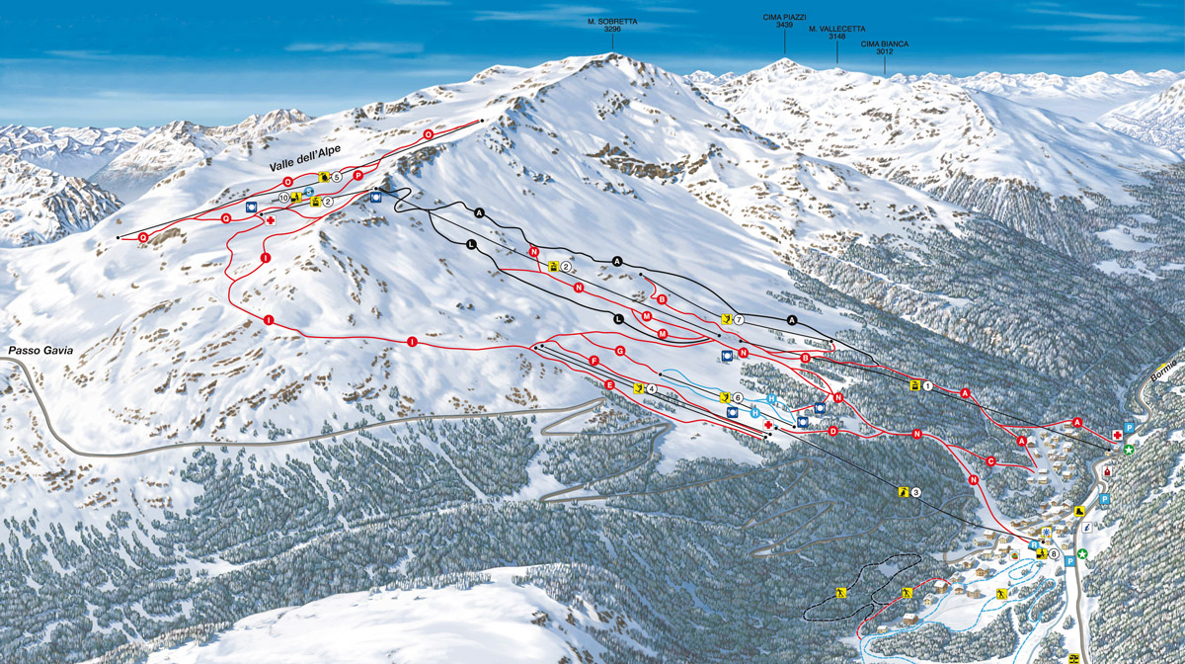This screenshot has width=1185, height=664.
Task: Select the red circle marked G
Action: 621,352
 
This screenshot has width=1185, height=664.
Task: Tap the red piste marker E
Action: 610,384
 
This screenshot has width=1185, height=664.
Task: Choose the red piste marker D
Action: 833,431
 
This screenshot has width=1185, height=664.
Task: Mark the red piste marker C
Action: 989,460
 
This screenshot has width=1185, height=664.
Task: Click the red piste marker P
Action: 357,175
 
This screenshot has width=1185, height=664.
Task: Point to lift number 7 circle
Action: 738,319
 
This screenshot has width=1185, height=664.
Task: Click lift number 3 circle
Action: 915,492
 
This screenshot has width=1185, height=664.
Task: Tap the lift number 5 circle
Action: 337,177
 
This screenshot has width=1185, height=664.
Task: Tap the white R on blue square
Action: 1033,544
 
